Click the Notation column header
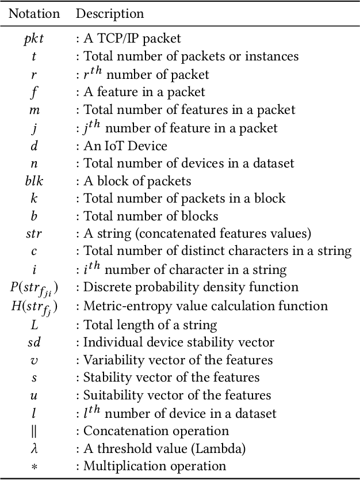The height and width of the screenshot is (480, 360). click(x=35, y=13)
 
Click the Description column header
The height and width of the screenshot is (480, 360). click(x=110, y=13)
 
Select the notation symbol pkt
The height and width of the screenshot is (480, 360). click(x=34, y=39)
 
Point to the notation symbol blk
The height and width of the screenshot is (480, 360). click(x=34, y=181)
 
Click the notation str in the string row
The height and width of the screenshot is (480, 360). click(x=34, y=234)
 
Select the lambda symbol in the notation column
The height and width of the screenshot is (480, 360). click(x=34, y=448)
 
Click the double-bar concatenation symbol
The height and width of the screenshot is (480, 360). click(x=34, y=431)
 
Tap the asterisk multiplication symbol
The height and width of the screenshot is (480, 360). click(x=34, y=467)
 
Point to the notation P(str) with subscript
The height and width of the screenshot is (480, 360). click(x=34, y=288)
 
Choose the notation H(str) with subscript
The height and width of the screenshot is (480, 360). click(x=34, y=306)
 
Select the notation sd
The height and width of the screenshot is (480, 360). click(x=34, y=342)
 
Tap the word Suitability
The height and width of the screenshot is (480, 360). click(x=109, y=395)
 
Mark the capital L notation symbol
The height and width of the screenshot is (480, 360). click(x=34, y=324)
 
